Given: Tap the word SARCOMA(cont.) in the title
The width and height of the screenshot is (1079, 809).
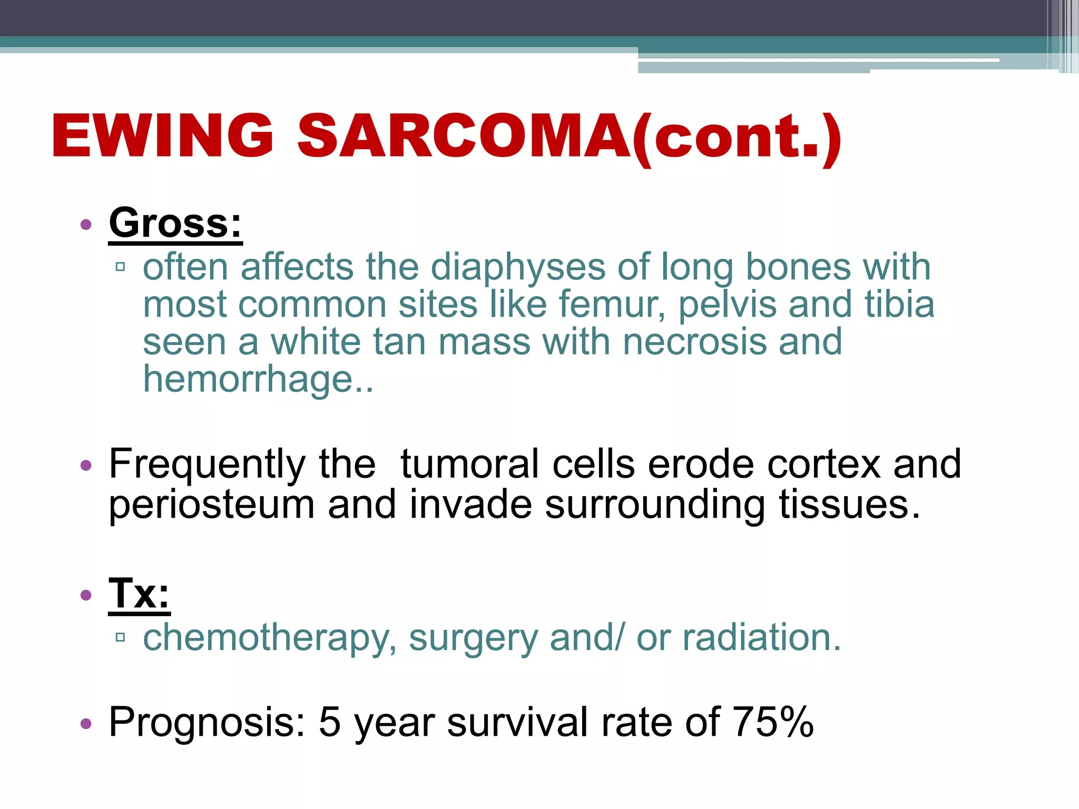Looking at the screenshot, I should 569,137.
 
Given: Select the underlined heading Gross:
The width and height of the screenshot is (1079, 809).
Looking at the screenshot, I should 175,223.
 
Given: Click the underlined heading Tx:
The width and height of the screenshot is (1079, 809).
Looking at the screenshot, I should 139,594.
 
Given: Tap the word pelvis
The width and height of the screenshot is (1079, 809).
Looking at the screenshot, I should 727,305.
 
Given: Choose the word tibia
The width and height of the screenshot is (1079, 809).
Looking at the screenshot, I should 899,305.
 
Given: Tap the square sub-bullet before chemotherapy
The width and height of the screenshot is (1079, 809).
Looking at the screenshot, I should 121,638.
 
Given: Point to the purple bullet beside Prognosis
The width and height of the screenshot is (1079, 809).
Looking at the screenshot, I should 86,724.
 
